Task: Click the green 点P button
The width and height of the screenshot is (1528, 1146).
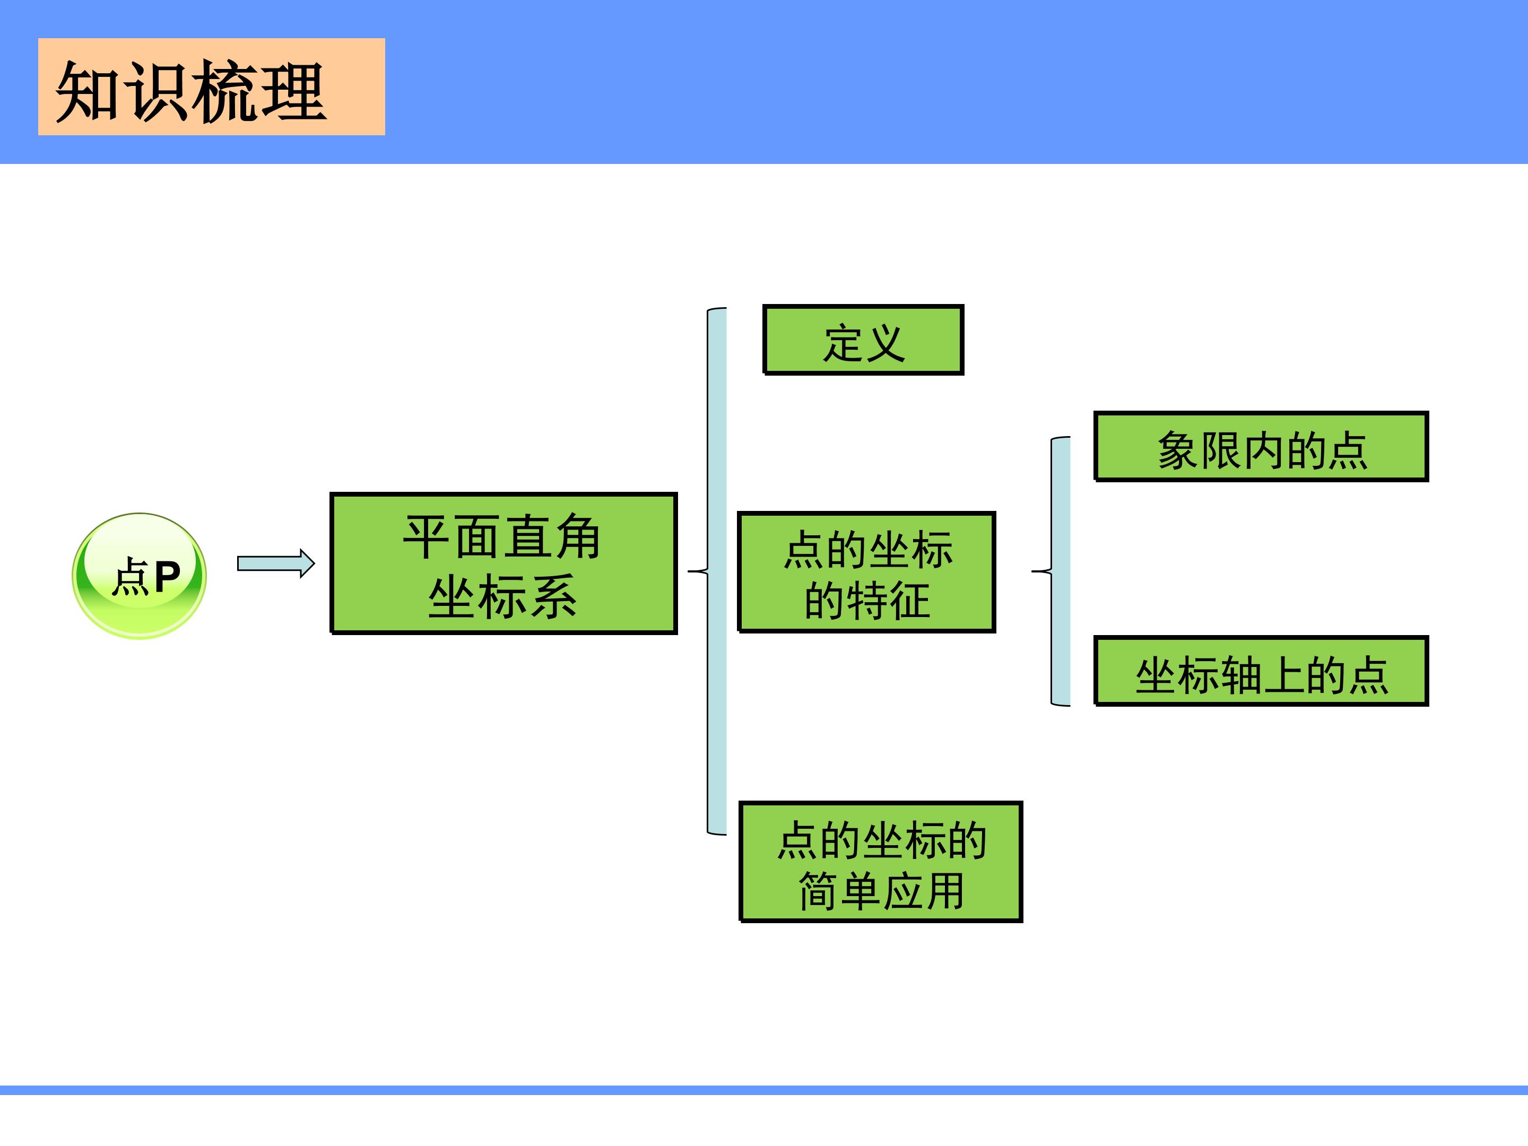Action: coord(140,576)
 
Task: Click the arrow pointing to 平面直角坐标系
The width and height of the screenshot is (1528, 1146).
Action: coord(275,563)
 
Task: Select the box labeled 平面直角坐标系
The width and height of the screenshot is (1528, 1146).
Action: coord(503,563)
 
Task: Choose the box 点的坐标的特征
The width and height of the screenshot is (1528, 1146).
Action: coord(867,572)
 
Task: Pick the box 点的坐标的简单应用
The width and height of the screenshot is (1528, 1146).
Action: coord(881,862)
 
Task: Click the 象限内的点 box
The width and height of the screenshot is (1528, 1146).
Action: coord(1261,447)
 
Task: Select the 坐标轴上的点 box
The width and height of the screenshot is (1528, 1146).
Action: coord(1261,671)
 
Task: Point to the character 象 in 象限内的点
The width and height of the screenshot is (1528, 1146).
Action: coord(1178,450)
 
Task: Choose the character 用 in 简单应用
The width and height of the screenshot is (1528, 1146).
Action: coord(944,891)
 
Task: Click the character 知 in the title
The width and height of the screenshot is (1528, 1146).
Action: coord(88,91)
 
